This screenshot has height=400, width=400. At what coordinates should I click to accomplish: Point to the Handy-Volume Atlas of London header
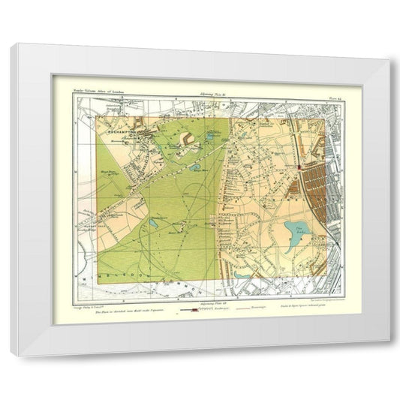(98, 90)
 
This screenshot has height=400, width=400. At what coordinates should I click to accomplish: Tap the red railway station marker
(300, 170)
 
